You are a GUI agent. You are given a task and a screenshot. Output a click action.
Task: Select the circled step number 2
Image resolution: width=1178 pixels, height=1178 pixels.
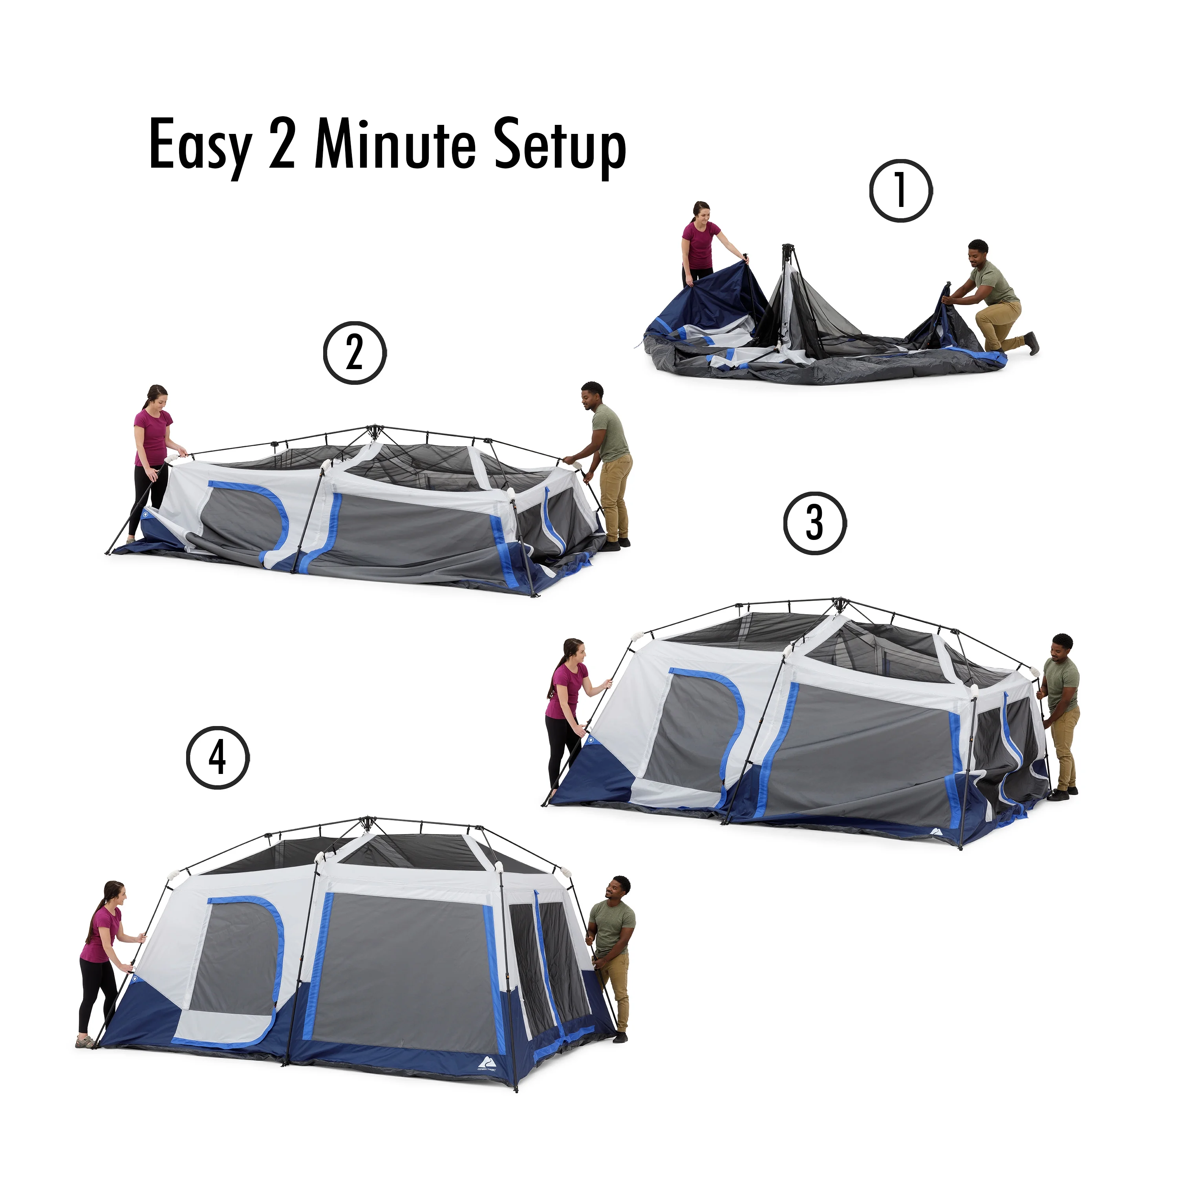click(354, 353)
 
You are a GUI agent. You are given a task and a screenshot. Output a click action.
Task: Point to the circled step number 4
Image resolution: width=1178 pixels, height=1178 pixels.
click(218, 758)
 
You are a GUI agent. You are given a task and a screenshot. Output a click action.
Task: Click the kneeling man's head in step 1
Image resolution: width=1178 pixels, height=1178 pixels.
click(978, 252)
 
